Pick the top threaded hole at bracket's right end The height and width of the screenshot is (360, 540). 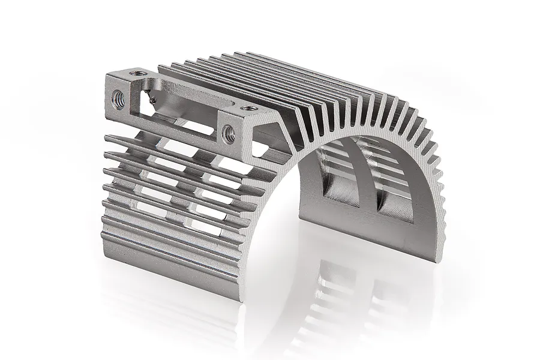point(245,107)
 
